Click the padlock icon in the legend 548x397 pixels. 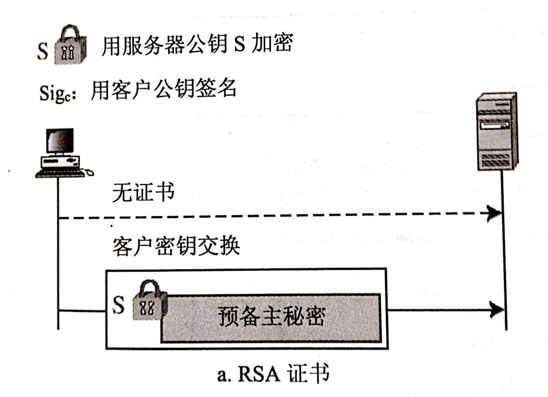[x=71, y=45]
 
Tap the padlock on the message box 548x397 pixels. [x=148, y=300]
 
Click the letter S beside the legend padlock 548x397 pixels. [x=43, y=51]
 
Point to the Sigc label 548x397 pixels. [x=57, y=93]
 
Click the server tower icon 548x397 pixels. [x=496, y=132]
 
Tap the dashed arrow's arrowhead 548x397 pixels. [x=494, y=212]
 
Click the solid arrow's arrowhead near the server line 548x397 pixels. [x=496, y=309]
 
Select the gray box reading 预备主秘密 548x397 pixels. [x=270, y=318]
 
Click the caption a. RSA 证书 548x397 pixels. [x=273, y=374]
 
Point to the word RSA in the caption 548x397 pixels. [x=259, y=374]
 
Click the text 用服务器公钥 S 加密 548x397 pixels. [x=197, y=44]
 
